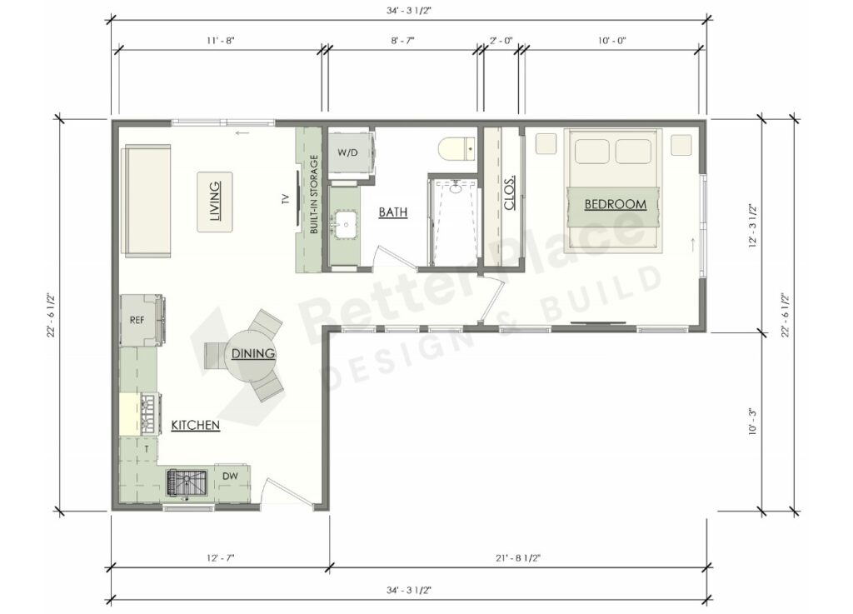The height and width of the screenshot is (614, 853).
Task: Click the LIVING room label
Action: pos(215,202)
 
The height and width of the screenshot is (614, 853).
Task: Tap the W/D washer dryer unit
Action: pos(348,153)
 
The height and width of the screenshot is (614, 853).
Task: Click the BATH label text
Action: pos(393,212)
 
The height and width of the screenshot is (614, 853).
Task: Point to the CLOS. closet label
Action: pos(510,192)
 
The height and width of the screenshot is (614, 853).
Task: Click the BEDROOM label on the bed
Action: pos(615,204)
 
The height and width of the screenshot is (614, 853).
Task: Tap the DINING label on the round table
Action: pos(253,354)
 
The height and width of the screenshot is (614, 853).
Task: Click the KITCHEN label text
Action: pos(195,426)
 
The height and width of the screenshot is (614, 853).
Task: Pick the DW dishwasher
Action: pos(231,477)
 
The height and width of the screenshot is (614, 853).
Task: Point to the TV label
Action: pos(286,199)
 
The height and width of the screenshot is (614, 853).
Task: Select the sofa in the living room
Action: pos(147,201)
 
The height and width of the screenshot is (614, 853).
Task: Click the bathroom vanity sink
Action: pos(343,222)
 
